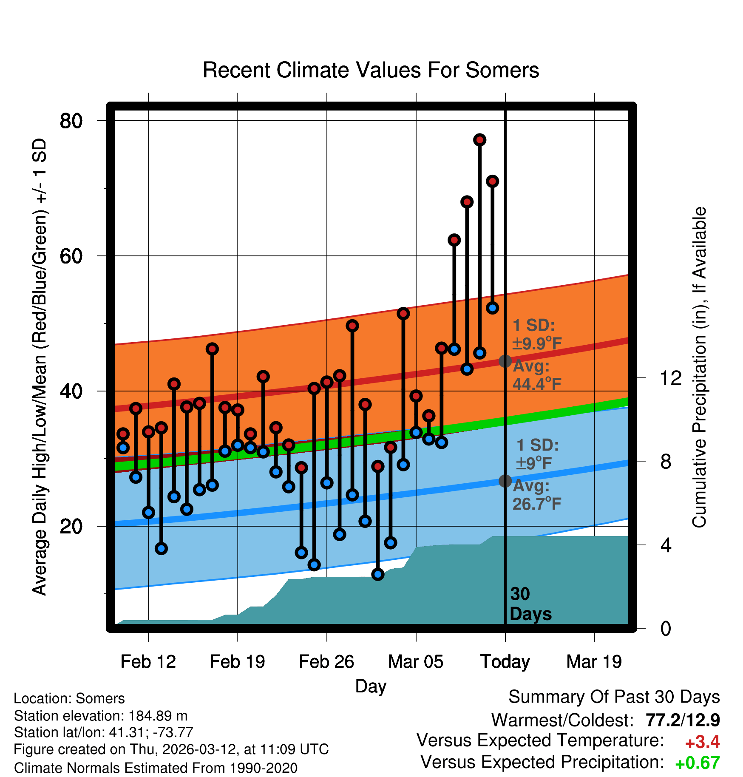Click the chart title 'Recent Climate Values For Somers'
click(x=371, y=70)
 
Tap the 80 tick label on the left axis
click(x=71, y=121)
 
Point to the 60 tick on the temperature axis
click(x=71, y=256)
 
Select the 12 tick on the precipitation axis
click(x=670, y=378)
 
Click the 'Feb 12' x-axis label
click(x=148, y=661)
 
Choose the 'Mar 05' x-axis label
click(x=415, y=661)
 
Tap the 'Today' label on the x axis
click(x=505, y=661)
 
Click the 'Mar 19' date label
click(x=594, y=661)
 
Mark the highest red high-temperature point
click(x=479, y=140)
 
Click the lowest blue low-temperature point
click(x=377, y=574)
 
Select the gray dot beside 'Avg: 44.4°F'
click(x=505, y=361)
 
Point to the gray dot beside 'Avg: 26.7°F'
click(x=505, y=481)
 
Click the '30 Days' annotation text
click(x=530, y=604)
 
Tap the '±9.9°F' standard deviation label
click(x=537, y=343)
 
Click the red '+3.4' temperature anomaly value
click(x=702, y=742)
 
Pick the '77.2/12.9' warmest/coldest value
click(x=683, y=720)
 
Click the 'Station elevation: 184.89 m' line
click(x=101, y=716)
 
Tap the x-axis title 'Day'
click(x=371, y=686)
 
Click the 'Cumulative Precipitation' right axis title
click(x=699, y=367)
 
